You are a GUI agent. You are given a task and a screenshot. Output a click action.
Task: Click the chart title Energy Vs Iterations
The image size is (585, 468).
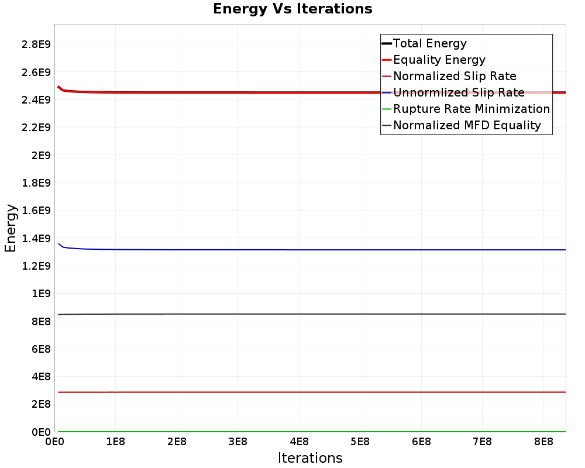tap(292, 9)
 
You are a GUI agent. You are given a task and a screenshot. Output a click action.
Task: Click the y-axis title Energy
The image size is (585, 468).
tap(11, 228)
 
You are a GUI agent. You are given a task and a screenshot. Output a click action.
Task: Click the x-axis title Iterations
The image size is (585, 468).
tap(310, 457)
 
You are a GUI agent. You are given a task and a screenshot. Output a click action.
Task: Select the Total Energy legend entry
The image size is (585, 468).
tap(429, 43)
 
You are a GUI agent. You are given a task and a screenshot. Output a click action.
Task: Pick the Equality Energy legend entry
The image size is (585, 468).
tap(439, 60)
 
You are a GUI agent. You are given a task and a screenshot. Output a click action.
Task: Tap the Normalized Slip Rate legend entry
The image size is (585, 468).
tap(455, 76)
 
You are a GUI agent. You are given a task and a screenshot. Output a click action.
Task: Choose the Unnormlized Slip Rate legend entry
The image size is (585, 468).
tap(459, 92)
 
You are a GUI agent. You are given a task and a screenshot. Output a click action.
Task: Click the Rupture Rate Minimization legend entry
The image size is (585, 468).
tap(472, 109)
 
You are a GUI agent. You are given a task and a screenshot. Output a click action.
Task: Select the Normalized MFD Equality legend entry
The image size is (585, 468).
tap(467, 125)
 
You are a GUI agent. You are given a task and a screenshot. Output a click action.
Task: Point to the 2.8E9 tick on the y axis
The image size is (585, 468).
tap(34, 44)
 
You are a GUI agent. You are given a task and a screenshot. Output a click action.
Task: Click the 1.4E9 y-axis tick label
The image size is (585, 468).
tap(34, 238)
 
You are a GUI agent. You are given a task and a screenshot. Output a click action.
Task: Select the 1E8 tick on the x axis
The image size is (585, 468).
tap(115, 442)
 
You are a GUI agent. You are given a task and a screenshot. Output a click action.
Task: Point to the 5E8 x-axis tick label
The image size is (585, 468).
tap(360, 442)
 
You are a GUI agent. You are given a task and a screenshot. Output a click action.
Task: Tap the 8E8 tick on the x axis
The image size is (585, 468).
tap(543, 442)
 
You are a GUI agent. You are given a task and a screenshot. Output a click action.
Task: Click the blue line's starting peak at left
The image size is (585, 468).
tap(58, 243)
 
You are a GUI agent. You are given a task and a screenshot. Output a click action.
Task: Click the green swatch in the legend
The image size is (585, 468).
tap(386, 109)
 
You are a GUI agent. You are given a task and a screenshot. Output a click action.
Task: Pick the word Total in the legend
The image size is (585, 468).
tap(406, 43)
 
